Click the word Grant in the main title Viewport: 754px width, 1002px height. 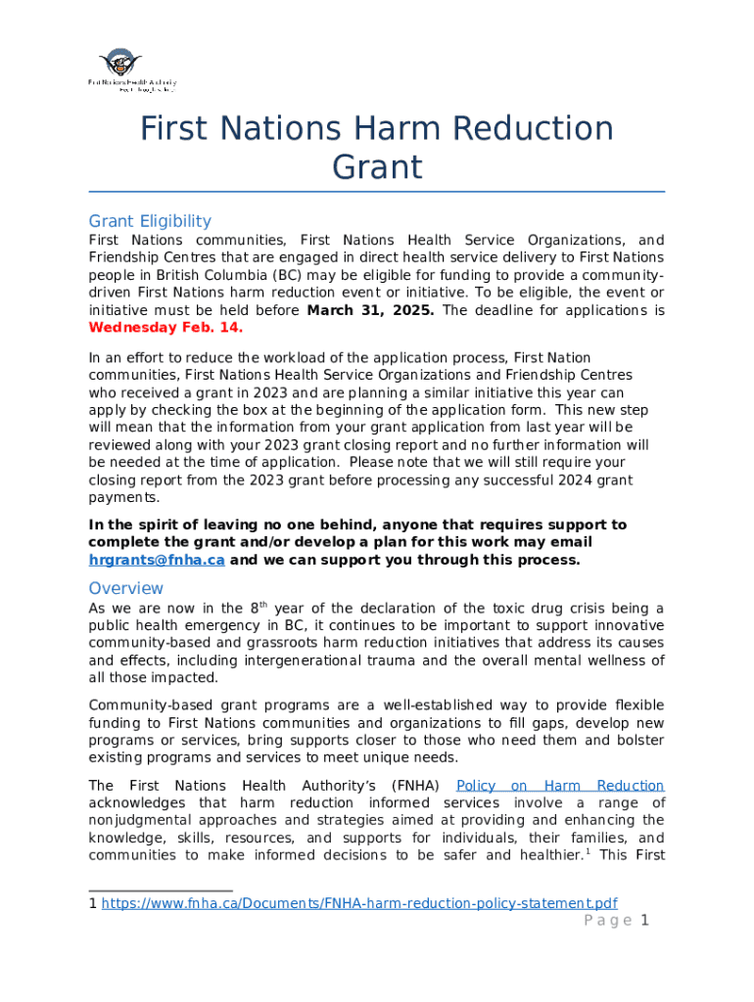tap(377, 167)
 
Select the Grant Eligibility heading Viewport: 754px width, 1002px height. tap(149, 221)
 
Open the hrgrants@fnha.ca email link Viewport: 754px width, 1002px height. tap(157, 561)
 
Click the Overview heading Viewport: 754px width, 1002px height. tap(125, 588)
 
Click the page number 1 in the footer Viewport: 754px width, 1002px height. tap(645, 921)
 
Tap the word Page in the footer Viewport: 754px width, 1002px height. tap(607, 921)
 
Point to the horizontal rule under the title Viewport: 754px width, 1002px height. tap(377, 192)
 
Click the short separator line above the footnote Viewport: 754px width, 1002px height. tap(161, 890)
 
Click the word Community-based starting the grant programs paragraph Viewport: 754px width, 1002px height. tap(146, 706)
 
